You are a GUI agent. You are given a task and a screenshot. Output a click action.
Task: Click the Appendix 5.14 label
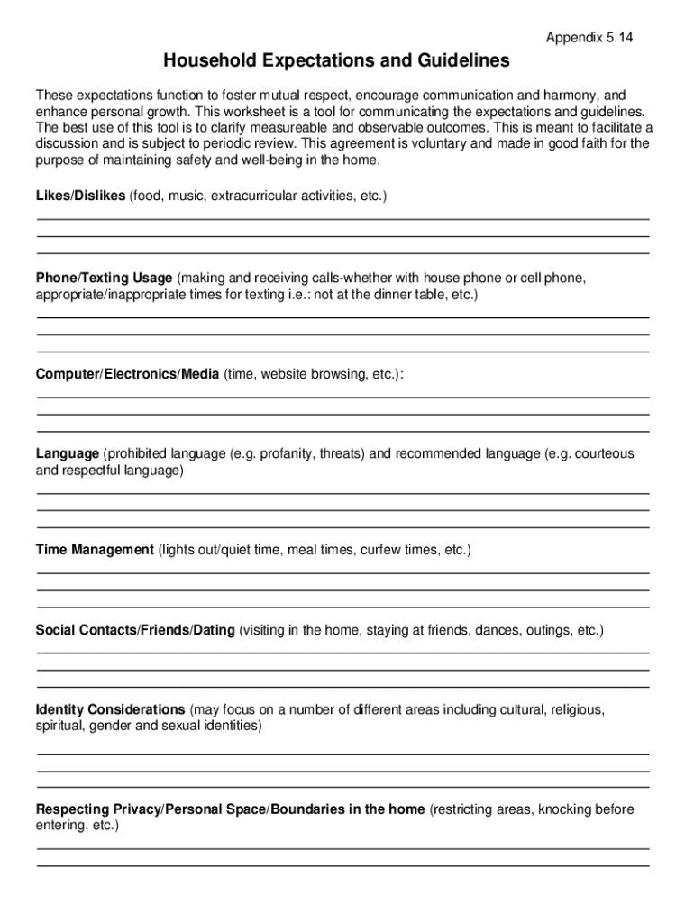point(589,37)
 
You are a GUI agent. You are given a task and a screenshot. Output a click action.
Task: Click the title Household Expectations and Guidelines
point(336,61)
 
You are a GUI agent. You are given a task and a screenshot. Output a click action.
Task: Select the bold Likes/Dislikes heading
point(80,196)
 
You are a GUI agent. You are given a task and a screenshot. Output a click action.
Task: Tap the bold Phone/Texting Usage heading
point(104,278)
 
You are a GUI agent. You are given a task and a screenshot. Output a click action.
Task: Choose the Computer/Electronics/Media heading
point(127,374)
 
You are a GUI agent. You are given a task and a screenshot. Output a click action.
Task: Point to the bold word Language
point(67,453)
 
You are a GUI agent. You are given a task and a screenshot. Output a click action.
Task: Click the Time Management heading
point(95,550)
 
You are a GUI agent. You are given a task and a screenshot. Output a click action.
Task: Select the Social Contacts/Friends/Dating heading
point(135,629)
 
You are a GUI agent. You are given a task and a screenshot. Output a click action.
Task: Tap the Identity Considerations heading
point(110,709)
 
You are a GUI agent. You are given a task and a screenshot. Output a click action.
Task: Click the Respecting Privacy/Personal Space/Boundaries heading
point(230,809)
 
